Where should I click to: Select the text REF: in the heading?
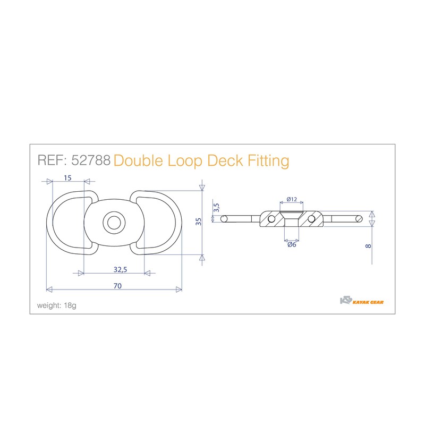pos(52,160)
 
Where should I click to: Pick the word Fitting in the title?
pos(269,160)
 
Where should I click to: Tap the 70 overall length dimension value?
pos(117,286)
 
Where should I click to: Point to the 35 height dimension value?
pos(199,222)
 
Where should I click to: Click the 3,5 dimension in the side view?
pos(216,208)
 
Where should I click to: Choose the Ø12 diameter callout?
pos(291,199)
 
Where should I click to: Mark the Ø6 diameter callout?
pos(291,245)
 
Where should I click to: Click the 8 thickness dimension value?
pos(368,246)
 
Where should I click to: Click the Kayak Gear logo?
pos(361,301)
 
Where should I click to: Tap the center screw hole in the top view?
pos(113,223)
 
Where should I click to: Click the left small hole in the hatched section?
pos(271,218)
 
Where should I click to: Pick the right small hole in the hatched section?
pos(311,218)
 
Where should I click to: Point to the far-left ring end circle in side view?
pos(225,218)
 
